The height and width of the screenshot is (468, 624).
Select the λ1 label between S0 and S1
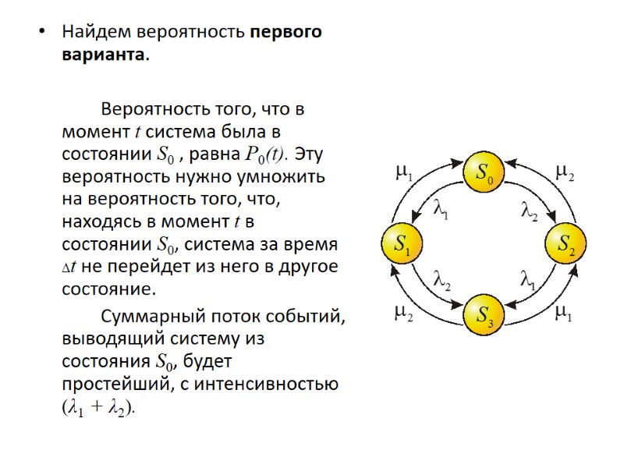[x=441, y=209]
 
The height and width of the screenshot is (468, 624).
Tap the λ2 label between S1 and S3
[x=441, y=279]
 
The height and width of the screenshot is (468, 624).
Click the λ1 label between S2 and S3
[x=528, y=278]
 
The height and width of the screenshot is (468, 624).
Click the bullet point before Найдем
[x=42, y=33]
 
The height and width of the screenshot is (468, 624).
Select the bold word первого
[x=286, y=33]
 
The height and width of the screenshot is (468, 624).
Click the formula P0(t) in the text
[x=265, y=152]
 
